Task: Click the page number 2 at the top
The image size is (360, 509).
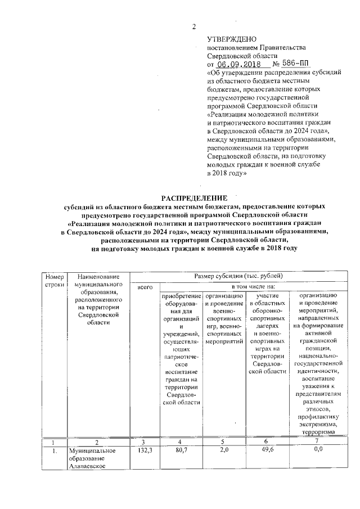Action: coord(194,27)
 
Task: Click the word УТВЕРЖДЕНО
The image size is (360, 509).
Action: coord(232,39)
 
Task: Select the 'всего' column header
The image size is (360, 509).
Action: coord(145,287)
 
